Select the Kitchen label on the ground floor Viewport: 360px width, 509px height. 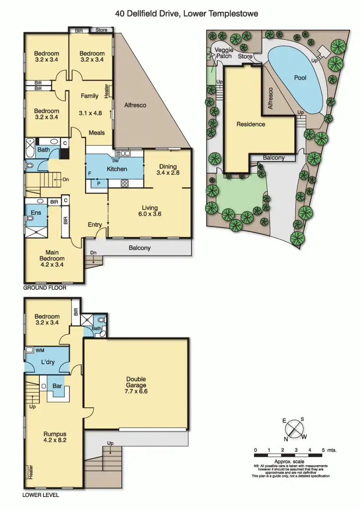117,169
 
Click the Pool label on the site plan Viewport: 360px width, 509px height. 300,78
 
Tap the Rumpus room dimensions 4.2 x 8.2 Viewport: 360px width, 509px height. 54,440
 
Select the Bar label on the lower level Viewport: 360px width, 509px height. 57,385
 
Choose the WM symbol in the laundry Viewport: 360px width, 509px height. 40,350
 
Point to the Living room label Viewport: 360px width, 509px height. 150,208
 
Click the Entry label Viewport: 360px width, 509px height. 95,225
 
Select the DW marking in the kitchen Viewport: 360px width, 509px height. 115,161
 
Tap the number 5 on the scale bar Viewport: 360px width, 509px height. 323,450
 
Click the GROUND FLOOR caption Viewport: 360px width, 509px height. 44,288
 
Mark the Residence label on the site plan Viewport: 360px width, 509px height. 250,124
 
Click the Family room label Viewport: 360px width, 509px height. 90,96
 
